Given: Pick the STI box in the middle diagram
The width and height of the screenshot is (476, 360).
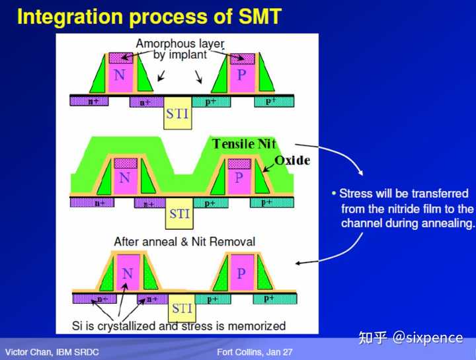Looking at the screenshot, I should click(179, 214).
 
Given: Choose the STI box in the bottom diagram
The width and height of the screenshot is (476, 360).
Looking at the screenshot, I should click(182, 308).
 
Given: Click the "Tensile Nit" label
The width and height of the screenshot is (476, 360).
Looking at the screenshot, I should click(244, 144).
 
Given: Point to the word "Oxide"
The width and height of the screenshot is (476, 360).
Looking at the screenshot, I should click(292, 161).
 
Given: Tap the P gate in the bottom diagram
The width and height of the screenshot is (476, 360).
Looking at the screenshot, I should click(241, 274).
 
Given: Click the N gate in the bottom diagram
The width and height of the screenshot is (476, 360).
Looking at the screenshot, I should click(128, 274).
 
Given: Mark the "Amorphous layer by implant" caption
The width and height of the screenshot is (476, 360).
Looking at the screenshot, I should click(179, 50).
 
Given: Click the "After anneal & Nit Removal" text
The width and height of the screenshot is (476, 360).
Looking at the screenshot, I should click(184, 242).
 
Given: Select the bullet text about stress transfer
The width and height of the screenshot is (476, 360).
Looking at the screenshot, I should click(403, 208).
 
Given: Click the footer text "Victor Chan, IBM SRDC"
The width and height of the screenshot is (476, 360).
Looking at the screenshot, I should click(53, 352).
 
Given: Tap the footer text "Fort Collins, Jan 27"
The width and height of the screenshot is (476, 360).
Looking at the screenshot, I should click(255, 352).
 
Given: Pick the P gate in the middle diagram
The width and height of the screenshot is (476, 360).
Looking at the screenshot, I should click(239, 178).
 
